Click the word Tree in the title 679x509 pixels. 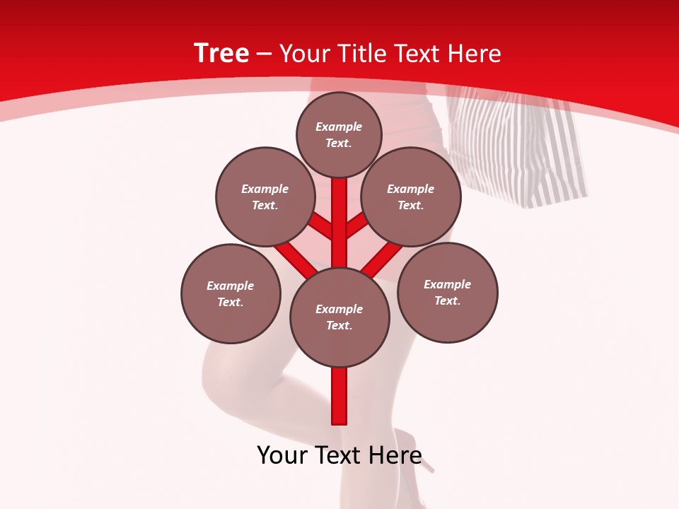click(221, 53)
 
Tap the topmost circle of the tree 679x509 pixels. click(339, 134)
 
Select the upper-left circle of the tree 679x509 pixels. click(265, 197)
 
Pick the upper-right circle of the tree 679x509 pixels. click(410, 197)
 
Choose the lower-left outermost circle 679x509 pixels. click(230, 293)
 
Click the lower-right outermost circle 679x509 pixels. click(447, 292)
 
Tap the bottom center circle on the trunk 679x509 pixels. click(339, 317)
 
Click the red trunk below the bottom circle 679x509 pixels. click(339, 396)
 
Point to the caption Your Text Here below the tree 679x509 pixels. click(339, 455)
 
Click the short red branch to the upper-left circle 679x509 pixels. click(320, 226)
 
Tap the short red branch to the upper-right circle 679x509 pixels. click(357, 225)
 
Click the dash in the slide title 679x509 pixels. click(264, 54)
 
